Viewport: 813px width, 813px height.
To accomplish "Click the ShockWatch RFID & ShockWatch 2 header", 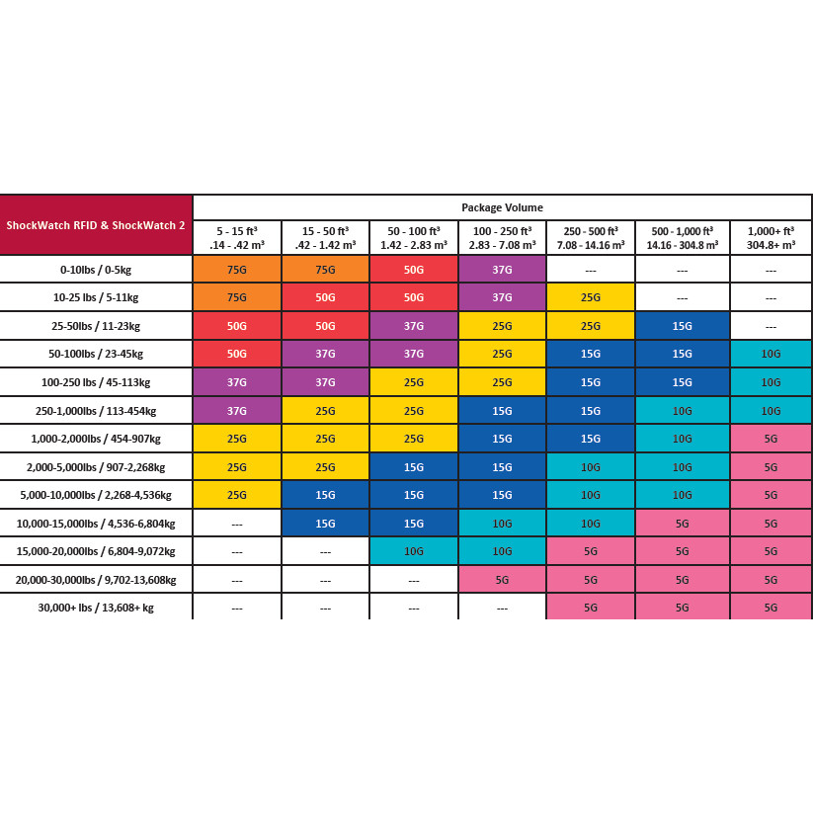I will [x=96, y=225].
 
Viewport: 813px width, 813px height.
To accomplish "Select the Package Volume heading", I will [x=502, y=207].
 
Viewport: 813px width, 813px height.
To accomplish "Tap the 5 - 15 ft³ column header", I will [x=237, y=238].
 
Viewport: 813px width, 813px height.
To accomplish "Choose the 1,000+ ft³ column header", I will [x=771, y=238].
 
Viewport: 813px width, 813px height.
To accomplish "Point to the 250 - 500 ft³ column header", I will [x=591, y=238].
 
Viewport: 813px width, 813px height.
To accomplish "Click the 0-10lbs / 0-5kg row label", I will [x=96, y=269].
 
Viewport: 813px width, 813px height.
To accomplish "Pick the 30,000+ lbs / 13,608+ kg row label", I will [x=96, y=608].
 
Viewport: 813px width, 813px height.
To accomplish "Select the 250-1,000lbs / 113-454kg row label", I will [x=96, y=410].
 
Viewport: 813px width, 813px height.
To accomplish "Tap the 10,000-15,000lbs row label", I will [x=96, y=524].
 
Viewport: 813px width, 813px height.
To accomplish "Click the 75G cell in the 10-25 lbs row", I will [x=237, y=297].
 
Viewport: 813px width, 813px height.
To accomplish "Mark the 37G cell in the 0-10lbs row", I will [x=502, y=269].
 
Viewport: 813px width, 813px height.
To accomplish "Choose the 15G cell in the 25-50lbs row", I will [x=683, y=325].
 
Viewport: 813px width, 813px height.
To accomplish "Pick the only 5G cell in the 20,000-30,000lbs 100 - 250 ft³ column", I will [x=502, y=580].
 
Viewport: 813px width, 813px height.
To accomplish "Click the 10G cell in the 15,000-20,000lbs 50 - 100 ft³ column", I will [x=414, y=551].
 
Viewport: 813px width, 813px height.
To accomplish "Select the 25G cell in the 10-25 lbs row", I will [x=591, y=297].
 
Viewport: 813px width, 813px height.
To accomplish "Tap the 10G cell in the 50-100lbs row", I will [x=771, y=354].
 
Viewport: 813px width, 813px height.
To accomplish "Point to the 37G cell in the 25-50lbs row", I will [x=414, y=325].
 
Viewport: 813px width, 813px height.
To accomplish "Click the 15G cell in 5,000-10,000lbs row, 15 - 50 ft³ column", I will [x=325, y=495].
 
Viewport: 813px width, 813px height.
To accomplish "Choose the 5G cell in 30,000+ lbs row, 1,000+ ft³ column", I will [x=771, y=608].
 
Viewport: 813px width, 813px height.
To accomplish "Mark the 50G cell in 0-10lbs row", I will [x=414, y=269].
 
